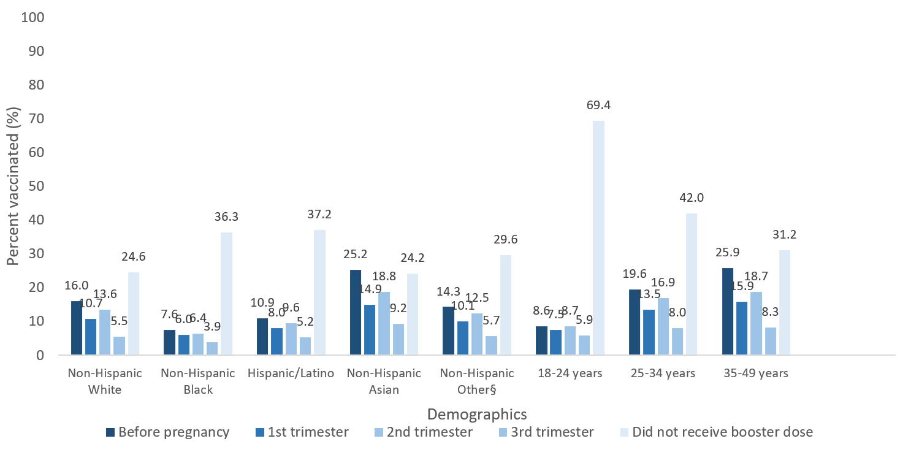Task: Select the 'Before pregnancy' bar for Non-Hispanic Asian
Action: coord(356,312)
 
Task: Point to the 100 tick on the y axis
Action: coord(33,17)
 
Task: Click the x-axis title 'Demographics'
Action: coord(476,412)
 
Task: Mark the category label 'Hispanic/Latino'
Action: coord(291,373)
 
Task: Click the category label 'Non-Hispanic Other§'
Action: coord(478,381)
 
